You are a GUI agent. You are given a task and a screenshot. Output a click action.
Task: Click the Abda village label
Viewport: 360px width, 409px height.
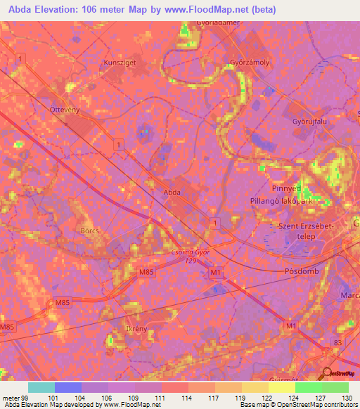pyautogui.click(x=172, y=191)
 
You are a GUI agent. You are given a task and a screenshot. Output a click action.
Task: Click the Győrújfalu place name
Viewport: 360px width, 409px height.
pyautogui.click(x=310, y=120)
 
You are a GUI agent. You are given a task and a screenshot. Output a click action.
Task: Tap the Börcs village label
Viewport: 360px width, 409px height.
pyautogui.click(x=90, y=230)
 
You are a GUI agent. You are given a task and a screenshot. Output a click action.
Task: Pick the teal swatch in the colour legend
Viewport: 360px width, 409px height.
pyautogui.click(x=41, y=387)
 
